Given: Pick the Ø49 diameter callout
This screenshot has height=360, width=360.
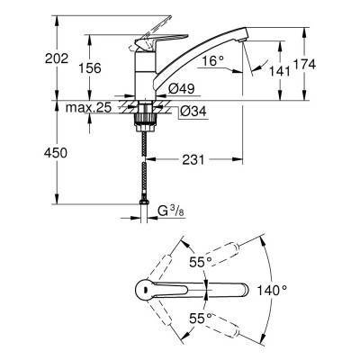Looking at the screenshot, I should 184,86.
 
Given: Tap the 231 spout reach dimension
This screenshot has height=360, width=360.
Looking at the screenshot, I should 196,158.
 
